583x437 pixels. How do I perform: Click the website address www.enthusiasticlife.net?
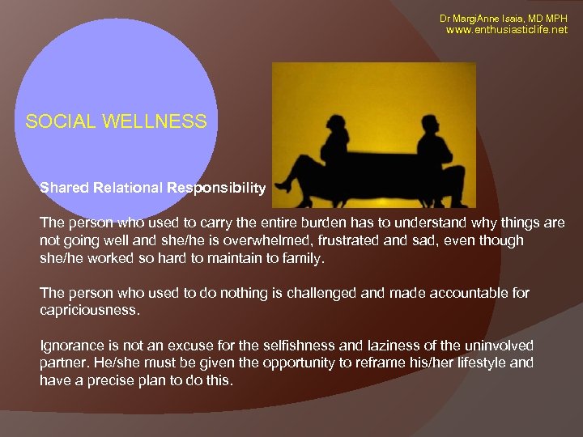coord(508,30)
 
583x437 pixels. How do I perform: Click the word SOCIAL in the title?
coord(61,121)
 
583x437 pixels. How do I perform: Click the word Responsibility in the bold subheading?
coord(216,188)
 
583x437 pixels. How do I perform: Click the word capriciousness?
coord(87,310)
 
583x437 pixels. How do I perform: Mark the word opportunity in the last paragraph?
coord(293,363)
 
